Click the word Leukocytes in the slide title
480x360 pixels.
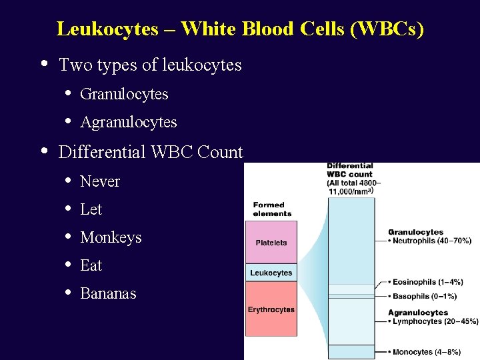(107, 29)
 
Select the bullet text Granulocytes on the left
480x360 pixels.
(124, 94)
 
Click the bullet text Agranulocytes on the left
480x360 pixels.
(129, 122)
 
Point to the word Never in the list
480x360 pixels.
(100, 181)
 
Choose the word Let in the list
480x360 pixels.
(91, 209)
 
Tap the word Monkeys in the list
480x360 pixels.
(111, 237)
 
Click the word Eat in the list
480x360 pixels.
(91, 265)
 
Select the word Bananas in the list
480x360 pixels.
(108, 293)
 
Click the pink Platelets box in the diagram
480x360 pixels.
(271, 243)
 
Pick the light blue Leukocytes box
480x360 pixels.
(271, 273)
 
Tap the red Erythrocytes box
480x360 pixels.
(271, 309)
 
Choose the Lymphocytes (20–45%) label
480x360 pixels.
(433, 321)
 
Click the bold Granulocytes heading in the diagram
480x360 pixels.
(415, 232)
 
